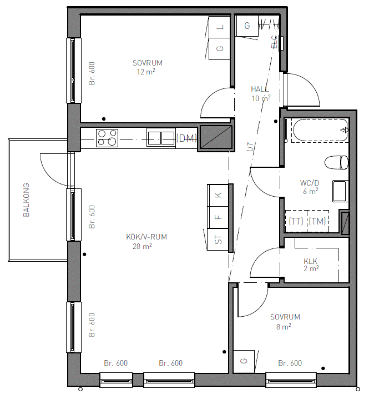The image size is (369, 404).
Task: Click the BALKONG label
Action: (x=26, y=200)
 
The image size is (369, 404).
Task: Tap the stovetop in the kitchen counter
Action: (x=107, y=138)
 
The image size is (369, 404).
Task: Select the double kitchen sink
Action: (x=161, y=138)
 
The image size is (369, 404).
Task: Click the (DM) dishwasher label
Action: (x=186, y=138)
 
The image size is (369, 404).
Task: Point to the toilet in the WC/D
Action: (x=336, y=162)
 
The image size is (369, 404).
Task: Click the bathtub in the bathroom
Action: (x=320, y=130)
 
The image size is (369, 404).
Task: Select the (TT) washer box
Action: (x=296, y=221)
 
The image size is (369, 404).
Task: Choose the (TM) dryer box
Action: (x=318, y=221)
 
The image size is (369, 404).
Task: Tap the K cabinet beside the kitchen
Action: (x=218, y=195)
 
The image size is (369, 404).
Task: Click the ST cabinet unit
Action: (x=218, y=240)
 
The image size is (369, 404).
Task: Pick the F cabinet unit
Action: (x=218, y=217)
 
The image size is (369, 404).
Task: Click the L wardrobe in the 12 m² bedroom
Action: (x=220, y=27)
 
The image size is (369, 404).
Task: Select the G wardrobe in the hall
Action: (x=247, y=26)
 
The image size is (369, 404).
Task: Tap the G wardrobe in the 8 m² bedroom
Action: (x=244, y=361)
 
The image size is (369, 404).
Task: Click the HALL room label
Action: (x=260, y=89)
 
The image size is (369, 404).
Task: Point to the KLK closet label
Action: (x=310, y=261)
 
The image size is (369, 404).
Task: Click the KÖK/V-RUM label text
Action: (x=146, y=237)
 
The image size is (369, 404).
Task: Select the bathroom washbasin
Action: (x=340, y=191)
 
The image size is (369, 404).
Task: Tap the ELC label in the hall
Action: (x=274, y=42)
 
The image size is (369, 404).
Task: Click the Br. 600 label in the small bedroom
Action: (x=290, y=363)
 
